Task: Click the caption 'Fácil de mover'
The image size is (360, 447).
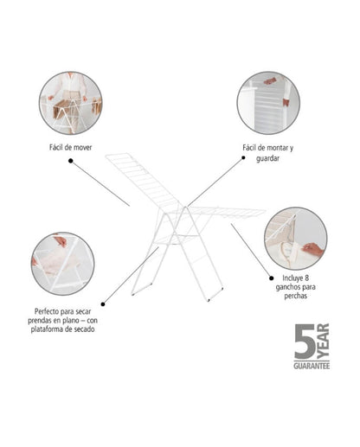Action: [70, 148]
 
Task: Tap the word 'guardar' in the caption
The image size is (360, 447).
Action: [267, 158]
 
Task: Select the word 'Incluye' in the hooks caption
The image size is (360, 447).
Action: [292, 278]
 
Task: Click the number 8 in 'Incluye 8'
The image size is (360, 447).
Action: [306, 278]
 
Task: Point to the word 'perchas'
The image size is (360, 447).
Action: [296, 296]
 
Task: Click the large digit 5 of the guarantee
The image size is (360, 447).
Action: [305, 342]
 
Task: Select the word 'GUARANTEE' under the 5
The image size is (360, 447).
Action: [312, 366]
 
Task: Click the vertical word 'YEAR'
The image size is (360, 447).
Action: [323, 342]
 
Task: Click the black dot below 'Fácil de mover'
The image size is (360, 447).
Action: [71, 161]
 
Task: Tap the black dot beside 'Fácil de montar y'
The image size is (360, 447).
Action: [243, 157]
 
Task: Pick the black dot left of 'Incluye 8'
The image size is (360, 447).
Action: [272, 278]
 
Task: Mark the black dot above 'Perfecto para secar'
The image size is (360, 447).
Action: [103, 304]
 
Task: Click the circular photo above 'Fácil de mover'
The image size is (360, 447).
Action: [71, 103]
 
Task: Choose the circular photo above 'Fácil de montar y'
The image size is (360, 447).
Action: [268, 103]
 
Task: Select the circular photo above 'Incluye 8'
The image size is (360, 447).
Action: [296, 239]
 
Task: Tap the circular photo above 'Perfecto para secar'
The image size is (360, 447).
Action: [63, 264]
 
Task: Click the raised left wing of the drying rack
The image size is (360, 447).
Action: [144, 180]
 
